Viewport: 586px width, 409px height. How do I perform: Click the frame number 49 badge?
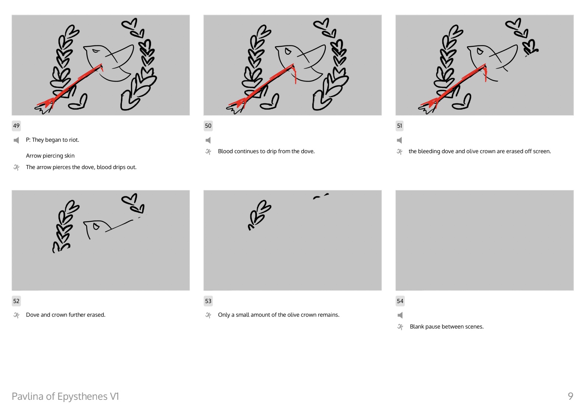click(x=16, y=126)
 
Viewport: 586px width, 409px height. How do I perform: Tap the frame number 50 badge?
click(x=208, y=126)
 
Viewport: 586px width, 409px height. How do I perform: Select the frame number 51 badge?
click(x=400, y=126)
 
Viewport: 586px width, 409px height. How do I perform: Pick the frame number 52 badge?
click(x=16, y=301)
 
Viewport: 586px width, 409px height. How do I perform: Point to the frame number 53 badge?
click(x=208, y=301)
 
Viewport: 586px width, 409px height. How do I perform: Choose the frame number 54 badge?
click(x=400, y=301)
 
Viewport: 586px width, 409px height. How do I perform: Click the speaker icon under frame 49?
click(x=16, y=140)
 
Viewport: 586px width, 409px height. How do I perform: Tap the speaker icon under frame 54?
click(x=400, y=315)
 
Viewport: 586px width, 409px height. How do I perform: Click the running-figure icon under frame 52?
click(x=17, y=315)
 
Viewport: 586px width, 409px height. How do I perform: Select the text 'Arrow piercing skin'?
click(x=50, y=156)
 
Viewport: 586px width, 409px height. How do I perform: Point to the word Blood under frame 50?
click(x=226, y=151)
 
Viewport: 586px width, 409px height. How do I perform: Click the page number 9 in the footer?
click(x=571, y=396)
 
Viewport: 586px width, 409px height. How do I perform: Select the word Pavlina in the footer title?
click(x=28, y=396)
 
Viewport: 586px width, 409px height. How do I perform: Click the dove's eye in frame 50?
click(x=288, y=51)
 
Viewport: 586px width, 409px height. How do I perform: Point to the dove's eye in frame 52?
click(x=96, y=227)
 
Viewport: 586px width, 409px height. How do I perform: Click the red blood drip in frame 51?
click(x=485, y=74)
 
